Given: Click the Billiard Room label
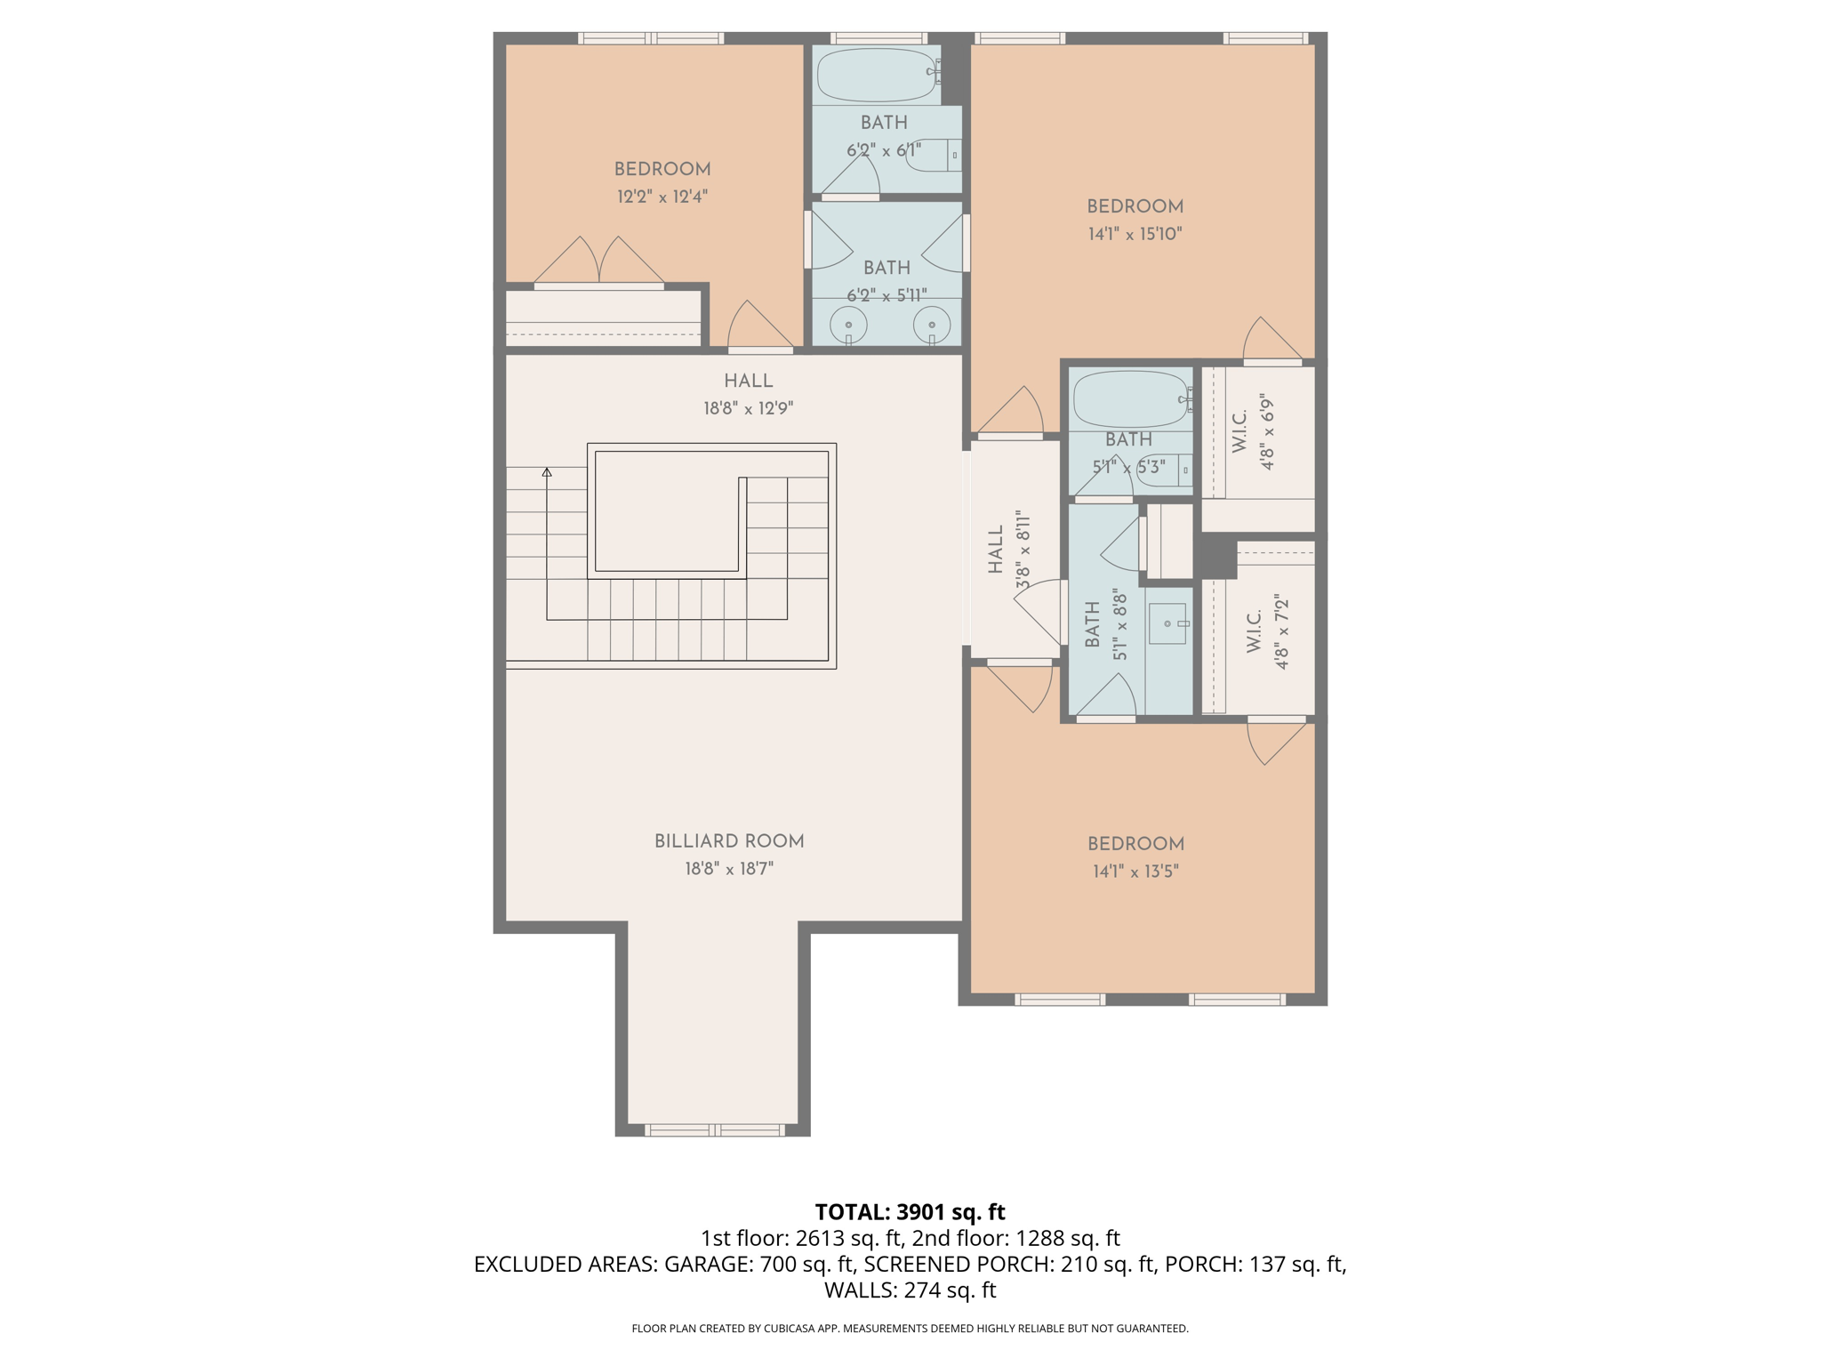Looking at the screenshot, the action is coord(729,841).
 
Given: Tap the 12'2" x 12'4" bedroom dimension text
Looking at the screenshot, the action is coord(662,197).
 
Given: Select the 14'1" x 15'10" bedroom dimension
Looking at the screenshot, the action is coord(1135,234).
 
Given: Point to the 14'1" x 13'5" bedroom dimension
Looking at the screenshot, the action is coord(1135,872).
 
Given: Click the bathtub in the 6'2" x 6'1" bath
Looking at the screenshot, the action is coord(878,76).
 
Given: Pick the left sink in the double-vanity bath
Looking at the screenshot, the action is coord(849,325).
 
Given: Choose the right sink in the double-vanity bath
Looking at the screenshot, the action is coord(932,325).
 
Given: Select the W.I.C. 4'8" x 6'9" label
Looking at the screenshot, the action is coord(1254,433).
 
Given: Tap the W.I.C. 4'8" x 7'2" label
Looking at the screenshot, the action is coord(1268,632).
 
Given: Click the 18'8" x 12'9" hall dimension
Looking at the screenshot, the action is coord(748,409).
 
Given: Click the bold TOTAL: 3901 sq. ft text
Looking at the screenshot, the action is coord(910,1212).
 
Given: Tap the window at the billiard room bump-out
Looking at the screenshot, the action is coord(714,1130).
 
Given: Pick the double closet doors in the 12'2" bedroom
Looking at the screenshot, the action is coord(598,262).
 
